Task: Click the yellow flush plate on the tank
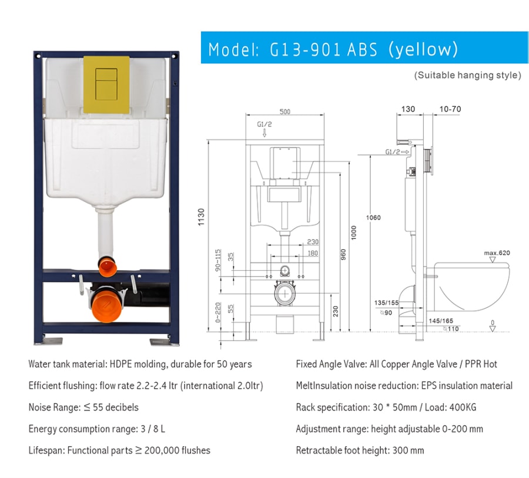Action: [106, 85]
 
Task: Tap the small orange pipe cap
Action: [108, 266]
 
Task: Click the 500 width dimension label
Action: [284, 112]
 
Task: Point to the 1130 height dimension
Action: [202, 217]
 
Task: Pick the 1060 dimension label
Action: [373, 218]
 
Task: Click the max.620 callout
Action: [497, 253]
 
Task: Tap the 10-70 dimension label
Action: [450, 109]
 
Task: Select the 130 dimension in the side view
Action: [408, 109]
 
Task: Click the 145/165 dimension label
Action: [441, 321]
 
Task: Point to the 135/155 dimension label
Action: [386, 302]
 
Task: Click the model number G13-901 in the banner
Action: [305, 50]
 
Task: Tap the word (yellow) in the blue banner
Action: [423, 50]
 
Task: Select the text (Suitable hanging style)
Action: [468, 75]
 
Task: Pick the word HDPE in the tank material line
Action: [120, 364]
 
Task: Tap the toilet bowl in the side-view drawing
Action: [471, 287]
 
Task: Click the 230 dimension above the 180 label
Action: [313, 242]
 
